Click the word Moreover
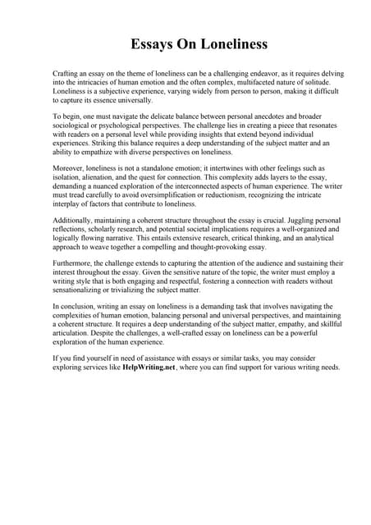coord(69,169)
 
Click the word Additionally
coord(75,221)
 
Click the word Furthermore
coord(74,264)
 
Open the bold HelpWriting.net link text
coord(151,367)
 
